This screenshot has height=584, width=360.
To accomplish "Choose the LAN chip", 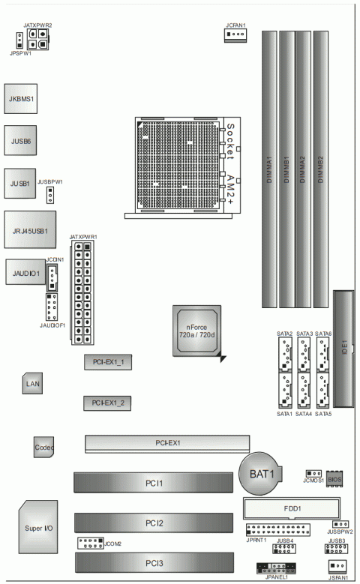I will click(x=31, y=383).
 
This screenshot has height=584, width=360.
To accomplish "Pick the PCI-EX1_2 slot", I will click(x=107, y=403).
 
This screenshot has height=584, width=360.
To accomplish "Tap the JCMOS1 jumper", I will click(x=314, y=475).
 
